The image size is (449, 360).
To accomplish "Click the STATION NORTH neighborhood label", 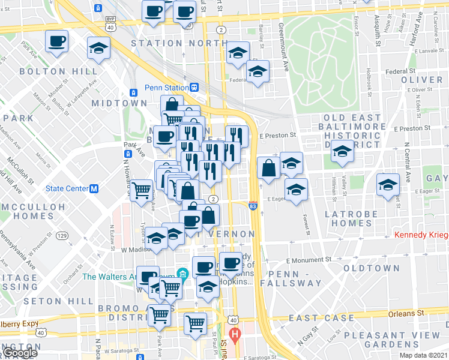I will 165,43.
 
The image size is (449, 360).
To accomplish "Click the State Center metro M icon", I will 94,188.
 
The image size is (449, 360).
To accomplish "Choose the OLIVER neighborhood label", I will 421,80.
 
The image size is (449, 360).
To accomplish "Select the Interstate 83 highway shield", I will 253,205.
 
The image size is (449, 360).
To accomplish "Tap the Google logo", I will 19,353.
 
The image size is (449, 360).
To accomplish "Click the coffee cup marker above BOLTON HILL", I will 57,41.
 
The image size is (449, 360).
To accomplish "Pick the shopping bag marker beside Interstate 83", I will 268,168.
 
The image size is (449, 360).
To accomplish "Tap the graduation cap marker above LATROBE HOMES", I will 296,190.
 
